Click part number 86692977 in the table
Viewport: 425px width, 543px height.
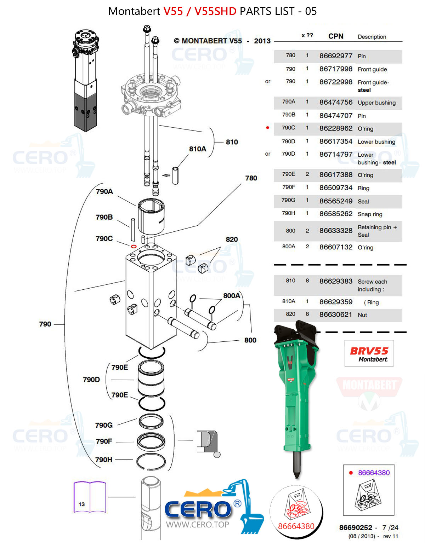(x=336, y=56)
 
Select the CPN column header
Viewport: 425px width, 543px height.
(x=336, y=36)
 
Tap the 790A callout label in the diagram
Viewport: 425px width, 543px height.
(x=104, y=191)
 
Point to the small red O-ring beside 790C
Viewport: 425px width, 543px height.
(x=134, y=246)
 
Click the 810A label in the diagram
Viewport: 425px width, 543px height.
(x=197, y=149)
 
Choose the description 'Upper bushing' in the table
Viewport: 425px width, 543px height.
(x=376, y=103)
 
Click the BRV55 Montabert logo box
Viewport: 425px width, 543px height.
(x=369, y=353)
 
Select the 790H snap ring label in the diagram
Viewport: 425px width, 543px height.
(x=104, y=460)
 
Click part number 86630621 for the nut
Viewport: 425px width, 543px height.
(x=336, y=314)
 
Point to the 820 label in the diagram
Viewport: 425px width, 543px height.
(x=232, y=239)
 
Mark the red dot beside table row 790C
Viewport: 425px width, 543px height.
(x=268, y=128)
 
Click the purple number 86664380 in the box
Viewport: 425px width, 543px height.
(x=374, y=473)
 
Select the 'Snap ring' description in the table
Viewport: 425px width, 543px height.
(x=370, y=214)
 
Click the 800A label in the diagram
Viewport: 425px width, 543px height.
(x=232, y=296)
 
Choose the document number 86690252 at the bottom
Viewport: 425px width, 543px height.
(x=356, y=527)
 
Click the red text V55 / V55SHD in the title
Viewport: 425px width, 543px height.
(x=200, y=11)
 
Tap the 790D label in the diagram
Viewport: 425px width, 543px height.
(x=91, y=380)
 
